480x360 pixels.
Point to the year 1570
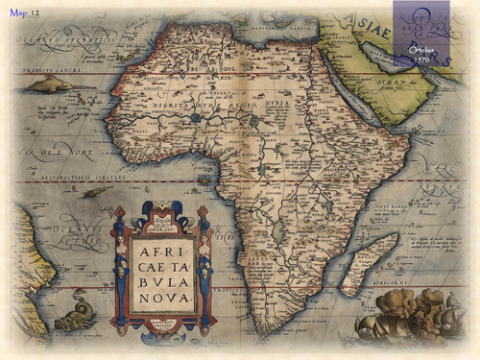tap(420, 59)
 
